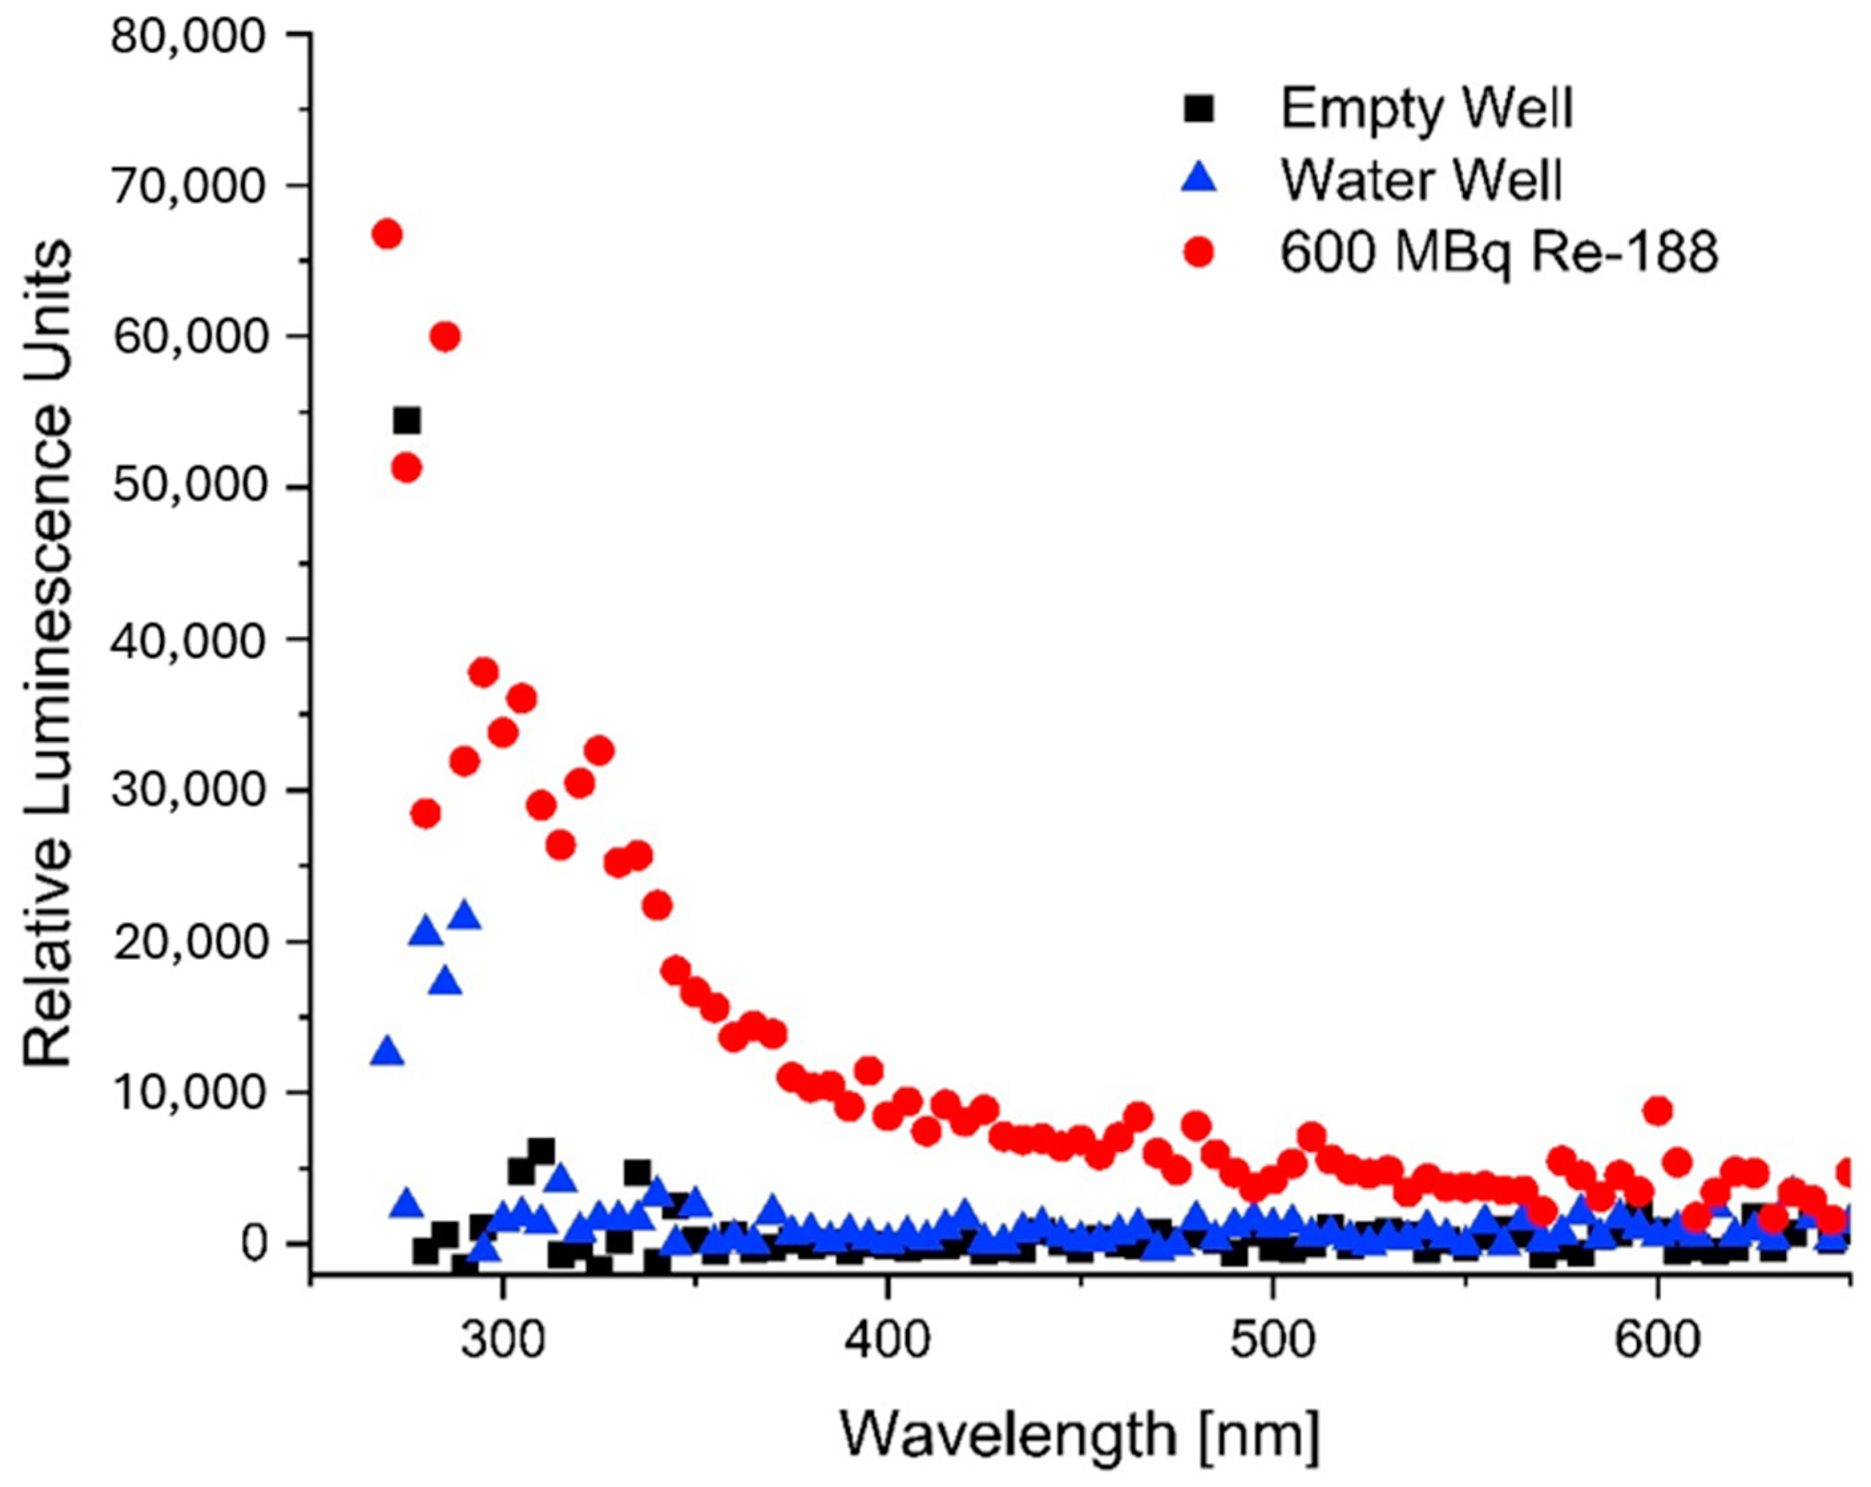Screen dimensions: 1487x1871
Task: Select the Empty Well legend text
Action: [x=1426, y=108]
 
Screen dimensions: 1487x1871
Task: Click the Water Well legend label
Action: [x=1420, y=181]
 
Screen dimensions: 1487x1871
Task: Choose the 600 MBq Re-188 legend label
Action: [x=1499, y=253]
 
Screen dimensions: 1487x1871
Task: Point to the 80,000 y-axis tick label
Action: [x=187, y=37]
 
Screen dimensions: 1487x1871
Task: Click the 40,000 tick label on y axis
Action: [x=187, y=641]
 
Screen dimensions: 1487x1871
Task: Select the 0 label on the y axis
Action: [x=253, y=1244]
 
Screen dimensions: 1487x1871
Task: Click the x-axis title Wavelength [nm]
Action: [x=1079, y=1434]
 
